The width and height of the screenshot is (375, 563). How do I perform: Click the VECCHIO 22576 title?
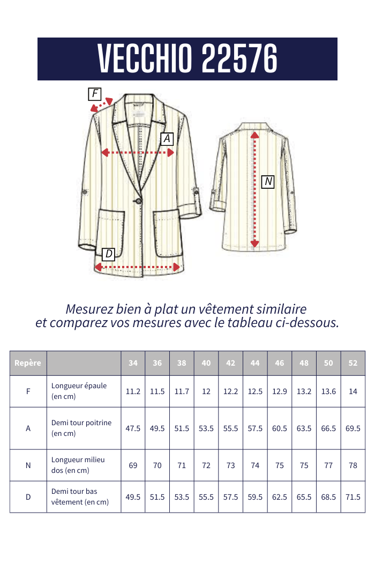pyautogui.click(x=187, y=58)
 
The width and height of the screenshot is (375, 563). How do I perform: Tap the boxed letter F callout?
pyautogui.click(x=95, y=94)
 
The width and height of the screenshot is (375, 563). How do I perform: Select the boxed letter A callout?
pyautogui.click(x=167, y=139)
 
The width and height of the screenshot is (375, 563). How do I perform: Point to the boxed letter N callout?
pyautogui.click(x=268, y=182)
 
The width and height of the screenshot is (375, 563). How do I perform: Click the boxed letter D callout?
pyautogui.click(x=109, y=254)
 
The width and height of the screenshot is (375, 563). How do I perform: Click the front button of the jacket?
pyautogui.click(x=139, y=201)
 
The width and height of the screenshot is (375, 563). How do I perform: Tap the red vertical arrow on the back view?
pyautogui.click(x=255, y=190)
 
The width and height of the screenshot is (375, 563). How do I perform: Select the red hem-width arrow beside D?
pyautogui.click(x=137, y=266)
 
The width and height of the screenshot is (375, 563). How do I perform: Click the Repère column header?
pyautogui.click(x=28, y=363)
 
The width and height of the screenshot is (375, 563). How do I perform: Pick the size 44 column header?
pyautogui.click(x=255, y=363)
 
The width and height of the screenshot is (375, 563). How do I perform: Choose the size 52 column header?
pyautogui.click(x=353, y=363)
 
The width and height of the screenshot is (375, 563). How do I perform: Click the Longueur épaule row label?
pyautogui.click(x=79, y=386)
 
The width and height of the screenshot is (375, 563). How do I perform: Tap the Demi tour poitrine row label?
pyautogui.click(x=81, y=423)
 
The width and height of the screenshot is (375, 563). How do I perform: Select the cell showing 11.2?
pyautogui.click(x=133, y=391)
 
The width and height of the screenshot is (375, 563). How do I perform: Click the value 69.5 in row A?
pyautogui.click(x=353, y=428)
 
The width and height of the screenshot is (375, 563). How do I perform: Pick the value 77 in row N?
pyautogui.click(x=328, y=465)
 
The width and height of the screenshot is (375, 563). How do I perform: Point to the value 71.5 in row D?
pyautogui.click(x=353, y=497)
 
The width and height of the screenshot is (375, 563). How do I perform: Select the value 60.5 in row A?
pyautogui.click(x=280, y=428)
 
